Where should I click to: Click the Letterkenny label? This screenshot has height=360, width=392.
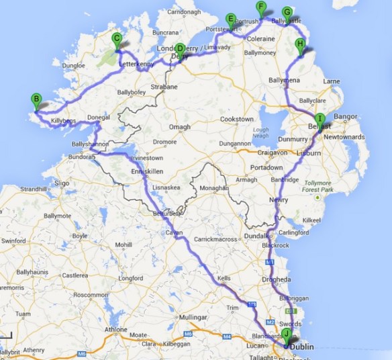136,64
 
